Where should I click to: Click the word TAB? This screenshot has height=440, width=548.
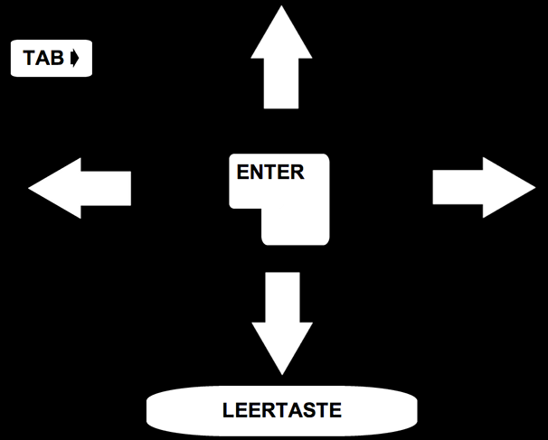tap(43, 60)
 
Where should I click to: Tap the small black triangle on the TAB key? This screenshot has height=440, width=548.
tap(76, 60)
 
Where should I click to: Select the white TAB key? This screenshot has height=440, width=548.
tap(52, 60)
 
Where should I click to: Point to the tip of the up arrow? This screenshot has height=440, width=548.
tap(282, 11)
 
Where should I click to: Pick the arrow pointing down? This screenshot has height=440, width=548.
tap(282, 321)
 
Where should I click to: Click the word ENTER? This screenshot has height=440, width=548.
tap(270, 173)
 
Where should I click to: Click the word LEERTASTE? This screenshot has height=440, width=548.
tap(281, 410)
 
